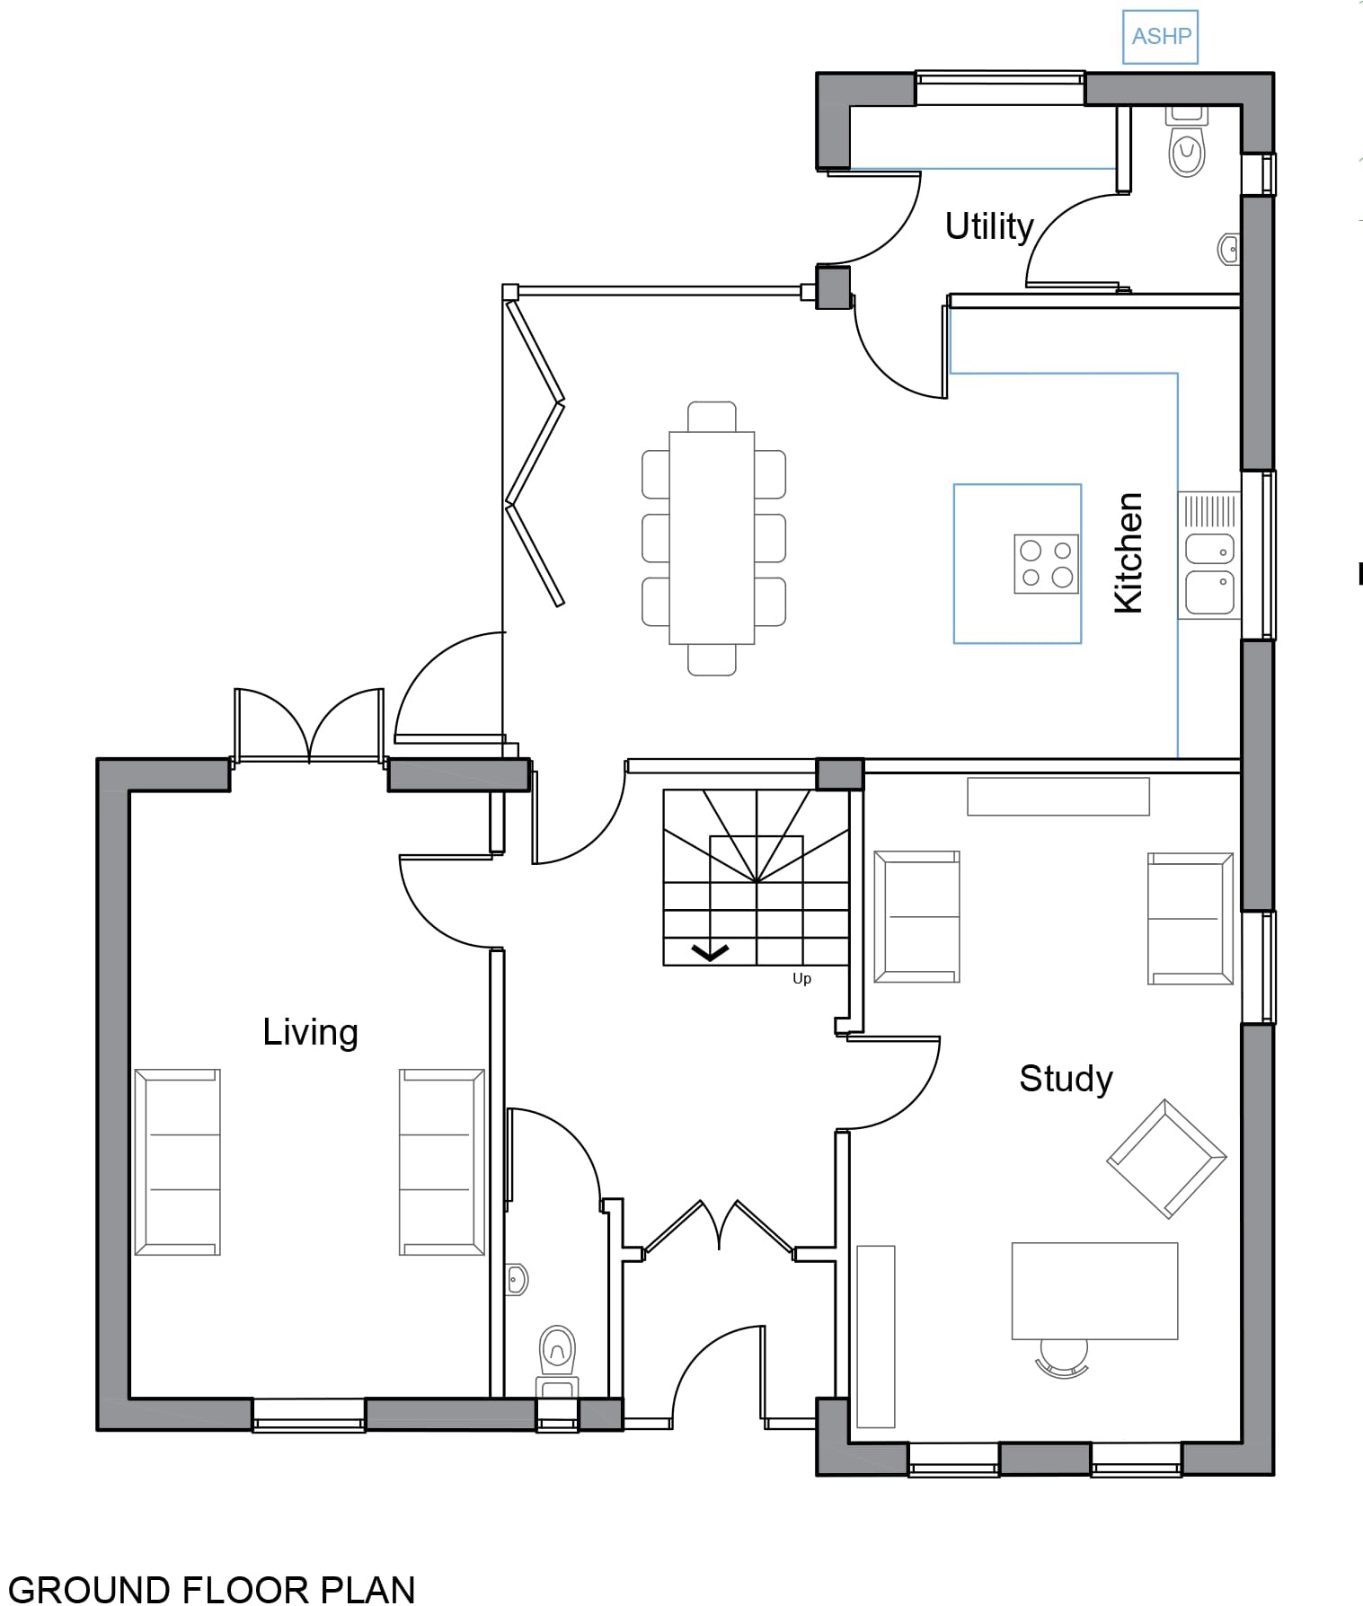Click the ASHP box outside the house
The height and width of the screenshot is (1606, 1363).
coord(1160,37)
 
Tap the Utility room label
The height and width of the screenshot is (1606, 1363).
coord(988,226)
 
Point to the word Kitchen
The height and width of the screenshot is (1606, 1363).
coord(1128,552)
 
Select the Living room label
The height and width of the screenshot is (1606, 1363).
coord(310,1032)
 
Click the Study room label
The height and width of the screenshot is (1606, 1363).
coord(1066,1079)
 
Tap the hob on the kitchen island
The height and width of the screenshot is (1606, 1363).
coord(1046,564)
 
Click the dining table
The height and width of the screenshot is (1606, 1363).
coord(712,538)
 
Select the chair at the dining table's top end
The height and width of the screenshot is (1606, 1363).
coord(712,417)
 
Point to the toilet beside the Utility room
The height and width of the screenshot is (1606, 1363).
coord(1187,142)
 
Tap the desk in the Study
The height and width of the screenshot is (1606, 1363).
coord(1094,1291)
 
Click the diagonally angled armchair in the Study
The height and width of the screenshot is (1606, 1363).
coord(1166,1159)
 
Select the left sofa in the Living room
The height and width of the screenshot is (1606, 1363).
coord(178,1161)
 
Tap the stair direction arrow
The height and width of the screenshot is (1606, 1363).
coord(710,952)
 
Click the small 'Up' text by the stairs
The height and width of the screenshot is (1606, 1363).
coord(801,979)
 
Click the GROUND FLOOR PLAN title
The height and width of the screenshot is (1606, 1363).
coord(212,1588)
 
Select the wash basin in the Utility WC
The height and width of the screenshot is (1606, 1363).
coord(1229,249)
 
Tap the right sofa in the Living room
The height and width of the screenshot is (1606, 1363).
coord(442,1161)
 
